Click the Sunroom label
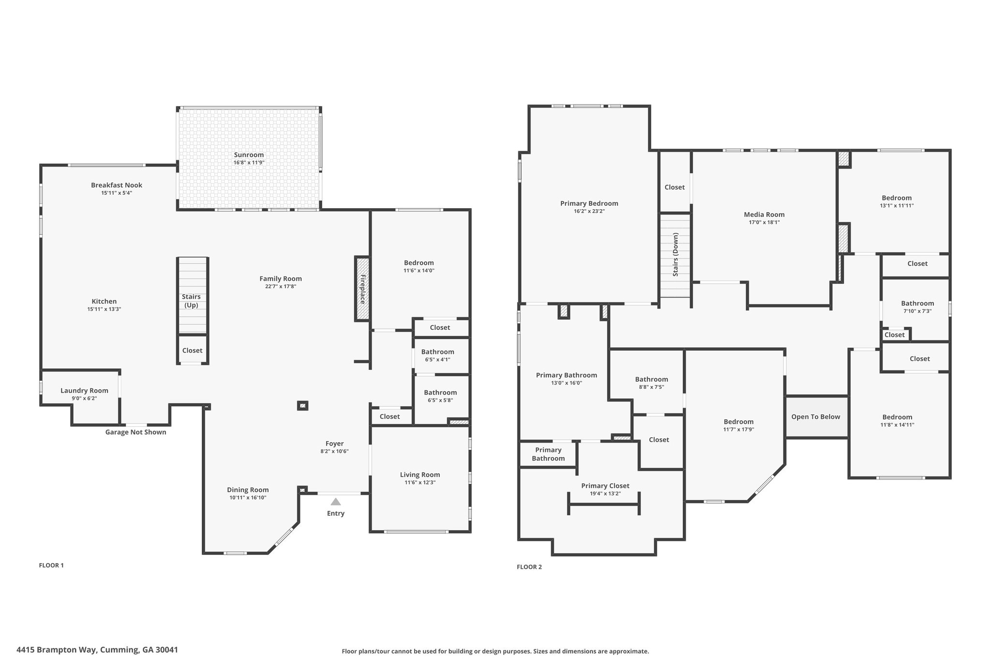[x=249, y=155]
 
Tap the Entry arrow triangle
[x=335, y=502]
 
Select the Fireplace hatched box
[x=362, y=289]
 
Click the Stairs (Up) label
[x=191, y=301]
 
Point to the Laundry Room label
[x=84, y=391]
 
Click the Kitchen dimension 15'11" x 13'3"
[x=104, y=309]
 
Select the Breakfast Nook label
[x=117, y=185]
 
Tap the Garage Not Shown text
[x=135, y=432]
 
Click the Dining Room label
[x=248, y=490]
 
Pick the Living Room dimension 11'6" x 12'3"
[x=420, y=482]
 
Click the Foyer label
[x=334, y=444]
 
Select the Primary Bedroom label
[x=589, y=203]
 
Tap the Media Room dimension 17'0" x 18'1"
[x=764, y=222]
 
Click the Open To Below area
[x=816, y=417]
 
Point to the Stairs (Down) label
[x=676, y=255]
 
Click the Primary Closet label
[x=605, y=486]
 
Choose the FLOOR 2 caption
[x=529, y=567]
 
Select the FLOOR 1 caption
[x=51, y=565]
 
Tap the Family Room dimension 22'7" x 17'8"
[x=281, y=286]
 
